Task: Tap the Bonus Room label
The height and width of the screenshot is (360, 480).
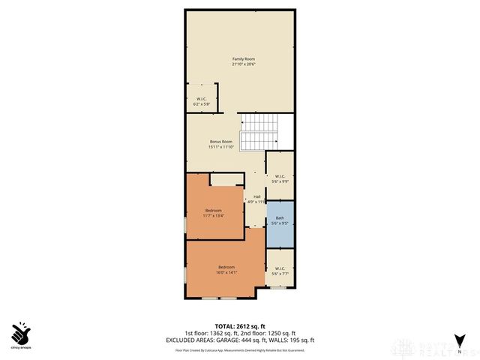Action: tap(221, 142)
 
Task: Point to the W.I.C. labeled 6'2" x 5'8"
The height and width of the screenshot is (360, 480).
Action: tap(202, 102)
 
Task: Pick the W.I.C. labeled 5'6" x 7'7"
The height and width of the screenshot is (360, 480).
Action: tap(280, 271)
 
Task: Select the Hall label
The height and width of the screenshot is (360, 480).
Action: tap(256, 197)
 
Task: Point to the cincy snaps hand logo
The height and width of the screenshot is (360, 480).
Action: tap(21, 332)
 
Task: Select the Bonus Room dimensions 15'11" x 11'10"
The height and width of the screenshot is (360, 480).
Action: tap(221, 147)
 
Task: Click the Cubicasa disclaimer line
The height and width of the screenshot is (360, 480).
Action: tap(241, 349)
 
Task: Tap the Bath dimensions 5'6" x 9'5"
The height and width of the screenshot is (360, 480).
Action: tap(280, 223)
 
